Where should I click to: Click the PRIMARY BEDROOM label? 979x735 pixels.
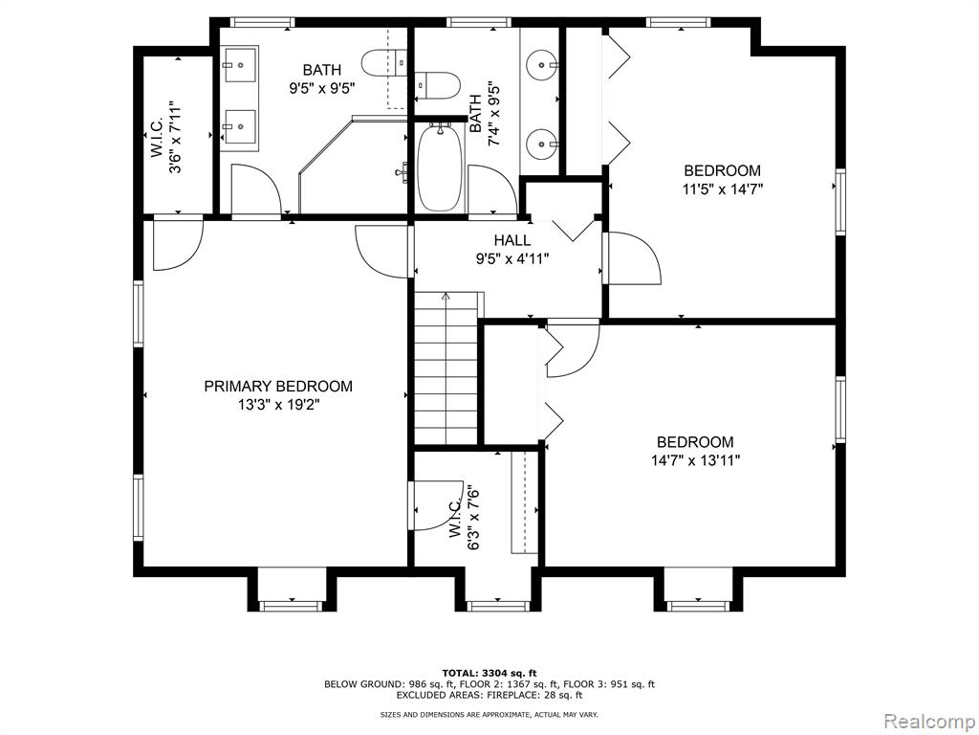(x=278, y=387)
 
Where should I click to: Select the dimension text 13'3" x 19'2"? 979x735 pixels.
(x=278, y=405)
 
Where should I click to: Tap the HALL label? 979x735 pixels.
(x=512, y=240)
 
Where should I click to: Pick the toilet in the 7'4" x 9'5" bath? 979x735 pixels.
(x=438, y=85)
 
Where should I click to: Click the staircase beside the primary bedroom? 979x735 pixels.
(x=446, y=367)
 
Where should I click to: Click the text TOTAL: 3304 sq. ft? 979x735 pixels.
(x=489, y=673)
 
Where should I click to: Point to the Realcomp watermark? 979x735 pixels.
(x=929, y=721)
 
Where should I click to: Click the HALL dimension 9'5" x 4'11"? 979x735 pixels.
(x=512, y=258)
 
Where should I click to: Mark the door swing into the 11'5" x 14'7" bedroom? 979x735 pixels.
(x=633, y=258)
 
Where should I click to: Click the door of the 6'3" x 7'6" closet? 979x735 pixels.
(x=436, y=506)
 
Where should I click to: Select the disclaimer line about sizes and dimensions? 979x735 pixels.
(x=489, y=714)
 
